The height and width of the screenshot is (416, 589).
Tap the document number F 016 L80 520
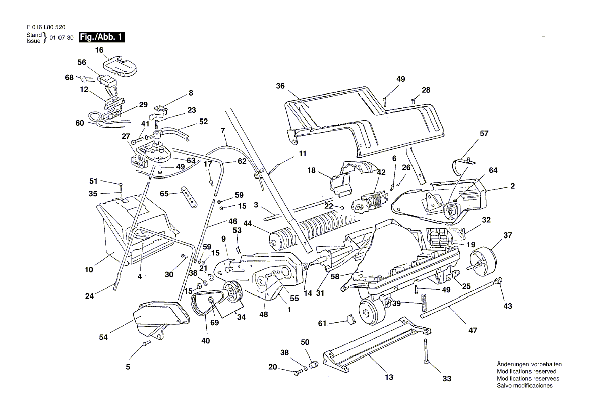(45, 27)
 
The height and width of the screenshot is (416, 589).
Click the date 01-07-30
(62, 38)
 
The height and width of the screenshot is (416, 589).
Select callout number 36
(280, 86)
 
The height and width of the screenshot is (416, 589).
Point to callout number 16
(99, 50)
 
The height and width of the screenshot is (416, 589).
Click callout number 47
(473, 330)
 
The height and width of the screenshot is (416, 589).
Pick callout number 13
(389, 377)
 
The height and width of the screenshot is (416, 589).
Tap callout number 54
(103, 337)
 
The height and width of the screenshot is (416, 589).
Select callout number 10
(89, 270)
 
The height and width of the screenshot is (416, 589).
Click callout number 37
(507, 235)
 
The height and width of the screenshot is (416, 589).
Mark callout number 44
(248, 223)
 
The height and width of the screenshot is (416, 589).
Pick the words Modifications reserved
(526, 371)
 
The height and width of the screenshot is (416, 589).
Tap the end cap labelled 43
(500, 280)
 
